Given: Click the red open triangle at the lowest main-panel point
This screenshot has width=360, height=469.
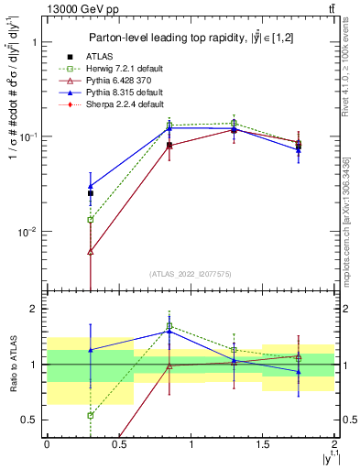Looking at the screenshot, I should coord(90,251).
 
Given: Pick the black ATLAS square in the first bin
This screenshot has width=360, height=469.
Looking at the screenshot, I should coord(90,193).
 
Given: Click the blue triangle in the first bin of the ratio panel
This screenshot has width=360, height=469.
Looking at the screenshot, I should coord(90,350).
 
